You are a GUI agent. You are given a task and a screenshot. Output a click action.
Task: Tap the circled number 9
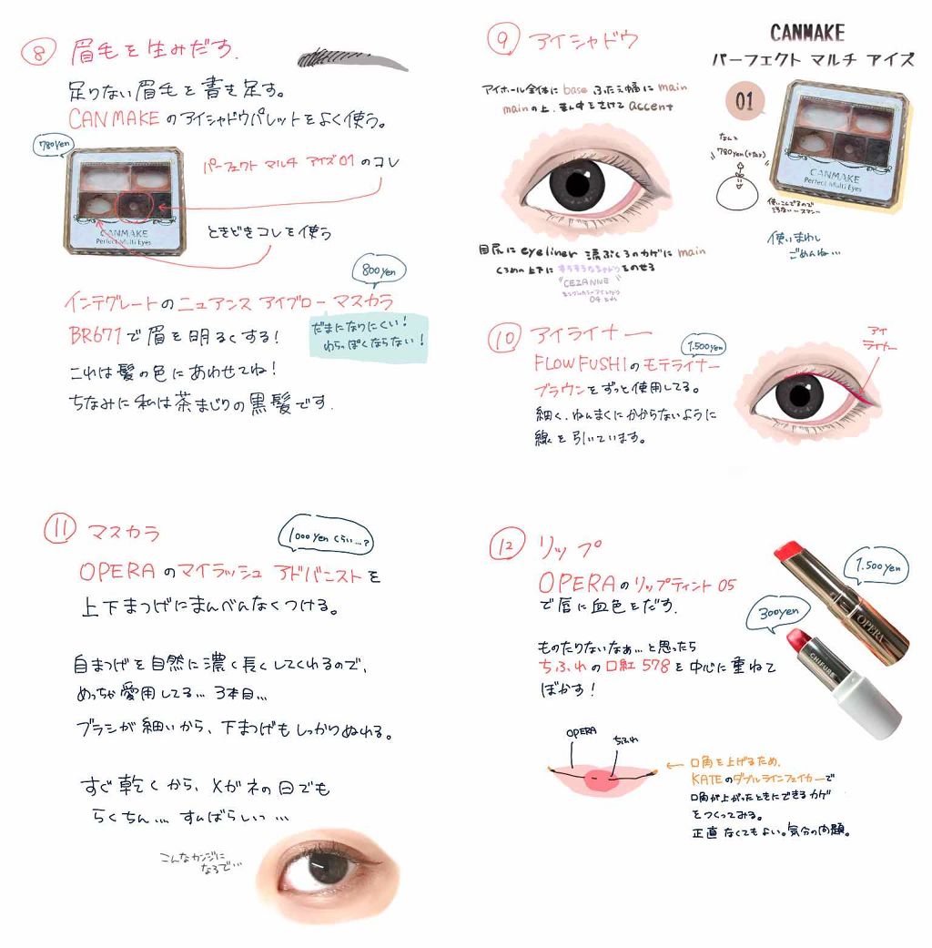click(502, 39)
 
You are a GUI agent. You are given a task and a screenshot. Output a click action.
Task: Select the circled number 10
click(504, 339)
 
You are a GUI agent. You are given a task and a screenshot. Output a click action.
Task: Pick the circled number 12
click(504, 546)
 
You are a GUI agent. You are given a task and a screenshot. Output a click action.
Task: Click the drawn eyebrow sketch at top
click(353, 56)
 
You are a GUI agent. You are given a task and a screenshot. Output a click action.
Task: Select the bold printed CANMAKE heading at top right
click(806, 33)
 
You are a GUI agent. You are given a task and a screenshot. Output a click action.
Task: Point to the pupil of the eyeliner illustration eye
click(799, 395)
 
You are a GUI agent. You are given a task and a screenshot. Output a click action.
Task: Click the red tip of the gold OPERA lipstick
click(789, 554)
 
